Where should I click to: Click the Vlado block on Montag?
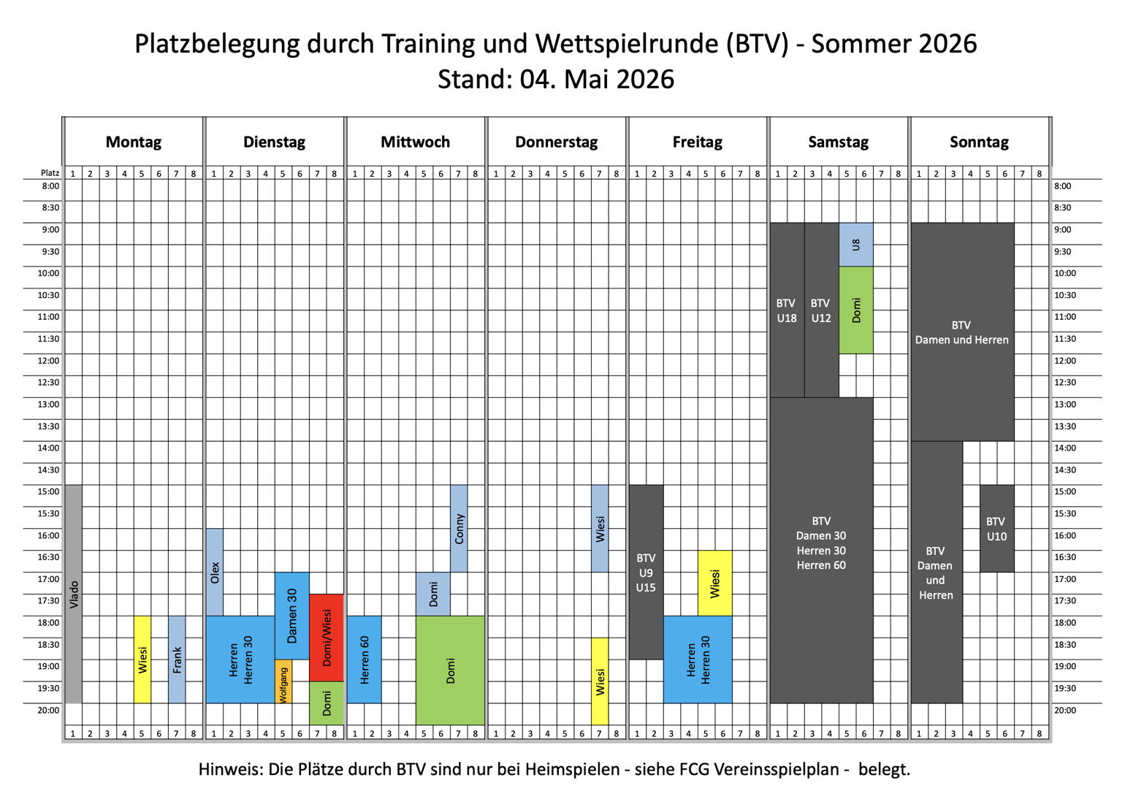[x=74, y=594]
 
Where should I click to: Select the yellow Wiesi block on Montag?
[x=142, y=660]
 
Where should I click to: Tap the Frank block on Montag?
[x=177, y=660]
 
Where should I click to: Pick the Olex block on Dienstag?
[x=215, y=572]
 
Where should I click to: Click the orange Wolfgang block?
[x=283, y=681]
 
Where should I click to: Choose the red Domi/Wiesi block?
[x=327, y=638]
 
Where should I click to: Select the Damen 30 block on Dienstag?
[x=291, y=616]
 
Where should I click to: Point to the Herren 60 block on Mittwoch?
[x=365, y=660]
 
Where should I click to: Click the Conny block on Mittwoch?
[x=459, y=529]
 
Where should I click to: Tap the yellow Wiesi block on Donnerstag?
[x=600, y=681]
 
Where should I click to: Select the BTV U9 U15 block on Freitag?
[x=646, y=572]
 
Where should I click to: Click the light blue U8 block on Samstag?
[x=856, y=245]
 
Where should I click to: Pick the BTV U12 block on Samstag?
[x=822, y=310]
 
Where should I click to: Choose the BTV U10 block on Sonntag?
[x=997, y=529]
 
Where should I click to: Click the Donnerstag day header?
[x=557, y=142]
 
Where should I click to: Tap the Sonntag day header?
[x=980, y=142]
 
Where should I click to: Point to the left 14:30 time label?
[x=48, y=470]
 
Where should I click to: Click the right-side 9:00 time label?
[x=1063, y=229]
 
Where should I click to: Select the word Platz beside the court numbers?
[x=50, y=173]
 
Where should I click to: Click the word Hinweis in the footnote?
[x=231, y=769]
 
